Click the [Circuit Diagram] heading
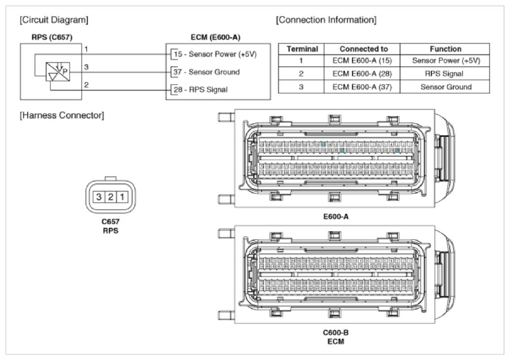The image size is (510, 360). point(55,20)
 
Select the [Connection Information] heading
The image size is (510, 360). point(326,20)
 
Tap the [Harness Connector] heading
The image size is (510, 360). point(62,115)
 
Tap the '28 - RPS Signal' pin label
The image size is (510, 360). point(200,90)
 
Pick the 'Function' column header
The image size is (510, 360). point(446,49)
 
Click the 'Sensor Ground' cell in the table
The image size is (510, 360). point(446,87)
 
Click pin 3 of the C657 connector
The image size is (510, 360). point(98,198)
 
